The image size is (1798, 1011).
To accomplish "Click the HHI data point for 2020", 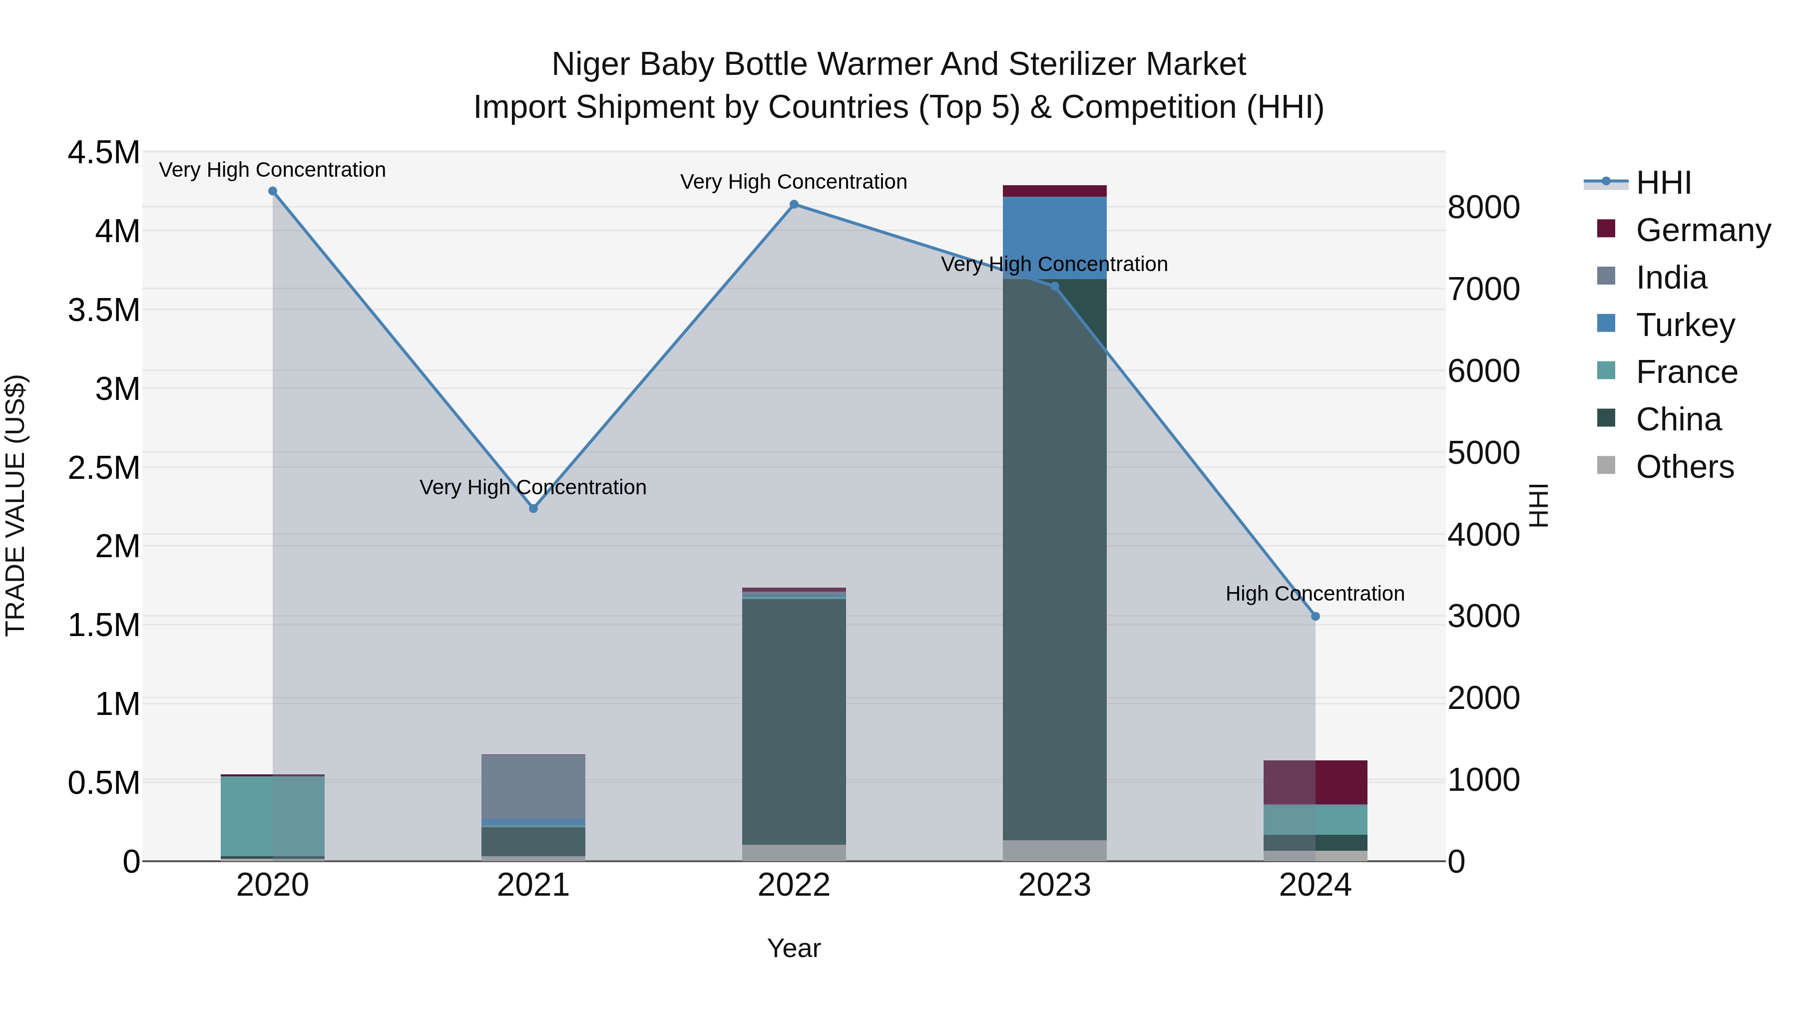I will (273, 191).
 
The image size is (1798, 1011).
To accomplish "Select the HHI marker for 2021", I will (533, 509).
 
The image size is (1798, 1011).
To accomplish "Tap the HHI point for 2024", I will (1315, 616).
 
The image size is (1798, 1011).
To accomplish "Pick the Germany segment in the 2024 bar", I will (1315, 782).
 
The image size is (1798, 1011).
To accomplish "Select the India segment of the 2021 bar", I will (533, 786).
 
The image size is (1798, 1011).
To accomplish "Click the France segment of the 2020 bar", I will (273, 815).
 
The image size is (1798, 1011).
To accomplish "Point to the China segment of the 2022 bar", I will (794, 718).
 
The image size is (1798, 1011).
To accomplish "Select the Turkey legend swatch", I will (1606, 324).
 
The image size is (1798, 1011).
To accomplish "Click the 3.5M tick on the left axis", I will (103, 310).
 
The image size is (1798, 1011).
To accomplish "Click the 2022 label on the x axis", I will (794, 885).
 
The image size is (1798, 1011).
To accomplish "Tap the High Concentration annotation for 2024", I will (1315, 594).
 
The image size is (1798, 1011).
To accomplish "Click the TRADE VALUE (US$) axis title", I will (16, 505).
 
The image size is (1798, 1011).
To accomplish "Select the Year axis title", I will (794, 948).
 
